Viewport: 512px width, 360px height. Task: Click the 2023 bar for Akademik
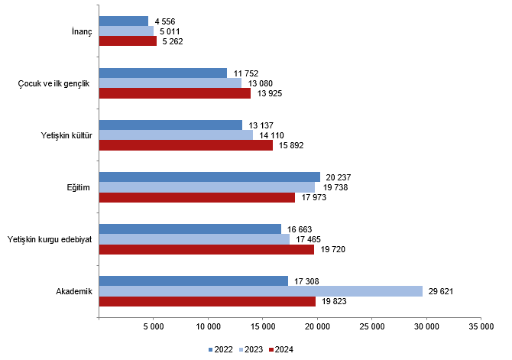tap(260, 291)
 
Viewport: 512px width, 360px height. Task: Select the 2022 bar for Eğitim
tap(209, 177)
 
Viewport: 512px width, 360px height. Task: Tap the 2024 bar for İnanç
tap(128, 41)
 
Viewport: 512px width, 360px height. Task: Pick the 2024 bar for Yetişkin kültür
tap(186, 145)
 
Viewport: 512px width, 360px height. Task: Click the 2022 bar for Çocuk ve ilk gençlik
tap(163, 73)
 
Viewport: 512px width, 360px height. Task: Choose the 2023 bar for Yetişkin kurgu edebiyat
tap(194, 239)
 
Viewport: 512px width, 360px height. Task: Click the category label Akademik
tap(74, 291)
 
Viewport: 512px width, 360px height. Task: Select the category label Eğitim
tap(79, 187)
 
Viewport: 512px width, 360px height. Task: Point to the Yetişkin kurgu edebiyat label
tap(49, 239)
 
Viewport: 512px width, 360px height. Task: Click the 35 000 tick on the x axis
tap(480, 327)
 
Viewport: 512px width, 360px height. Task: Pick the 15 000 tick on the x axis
tap(262, 327)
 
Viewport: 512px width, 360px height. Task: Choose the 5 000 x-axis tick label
tap(153, 327)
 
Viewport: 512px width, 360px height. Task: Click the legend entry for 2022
tap(221, 349)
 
